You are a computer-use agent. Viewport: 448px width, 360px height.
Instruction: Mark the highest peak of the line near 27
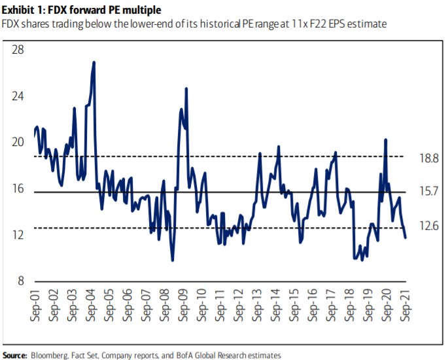94,63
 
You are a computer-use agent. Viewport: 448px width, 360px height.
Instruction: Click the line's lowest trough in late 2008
172,260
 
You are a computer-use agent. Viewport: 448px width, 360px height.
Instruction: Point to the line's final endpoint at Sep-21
405,238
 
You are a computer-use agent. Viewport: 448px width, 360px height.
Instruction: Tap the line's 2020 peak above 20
386,139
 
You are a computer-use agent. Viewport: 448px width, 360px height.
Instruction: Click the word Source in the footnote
14,355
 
